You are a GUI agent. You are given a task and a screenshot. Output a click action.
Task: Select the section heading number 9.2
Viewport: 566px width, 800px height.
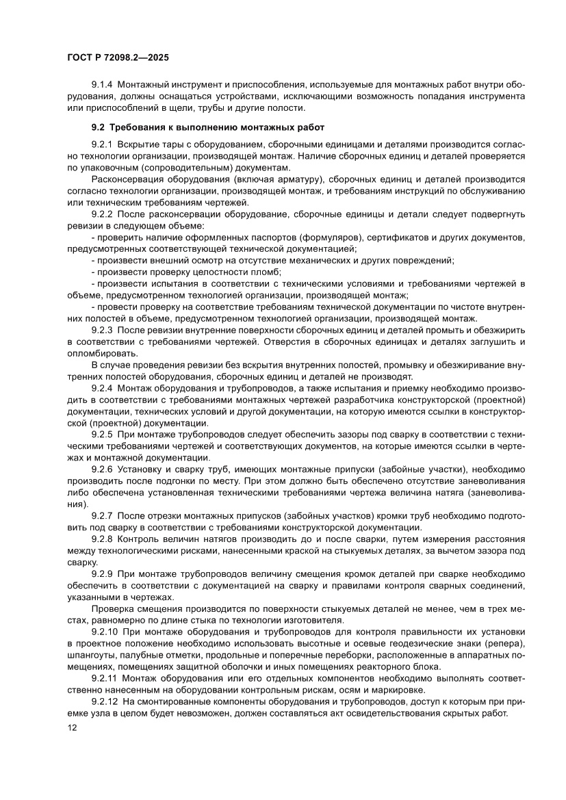[x=99, y=127]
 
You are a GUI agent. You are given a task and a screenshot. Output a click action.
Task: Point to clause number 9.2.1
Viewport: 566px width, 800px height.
[x=101, y=146]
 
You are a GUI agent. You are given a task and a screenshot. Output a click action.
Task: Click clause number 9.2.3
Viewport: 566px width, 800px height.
[x=101, y=328]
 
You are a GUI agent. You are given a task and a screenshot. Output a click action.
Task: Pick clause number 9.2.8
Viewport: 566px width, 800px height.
[x=101, y=539]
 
